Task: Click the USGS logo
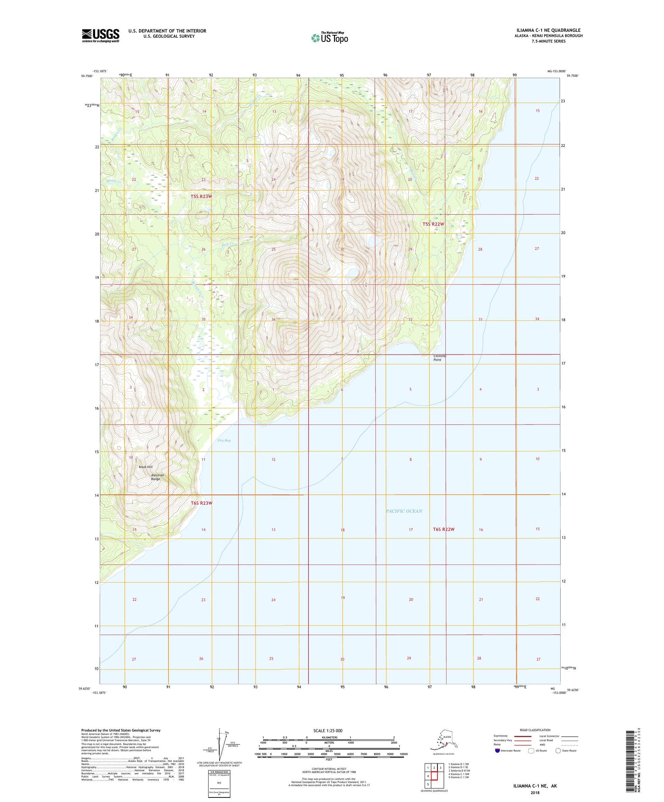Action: (x=101, y=35)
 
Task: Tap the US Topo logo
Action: (x=329, y=38)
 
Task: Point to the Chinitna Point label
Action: (x=440, y=358)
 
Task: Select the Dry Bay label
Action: (x=224, y=441)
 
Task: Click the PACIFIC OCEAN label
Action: (x=404, y=511)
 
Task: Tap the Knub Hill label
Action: (x=146, y=467)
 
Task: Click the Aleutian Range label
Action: (x=157, y=477)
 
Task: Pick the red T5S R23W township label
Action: (x=201, y=197)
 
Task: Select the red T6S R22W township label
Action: (x=443, y=529)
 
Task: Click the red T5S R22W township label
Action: (x=433, y=224)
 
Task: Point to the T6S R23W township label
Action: (x=201, y=503)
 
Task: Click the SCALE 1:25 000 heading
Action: (x=328, y=730)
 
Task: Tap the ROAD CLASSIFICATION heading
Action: (x=535, y=730)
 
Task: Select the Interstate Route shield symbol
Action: (x=497, y=751)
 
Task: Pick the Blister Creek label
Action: (x=113, y=181)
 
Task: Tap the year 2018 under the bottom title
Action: (x=534, y=792)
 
